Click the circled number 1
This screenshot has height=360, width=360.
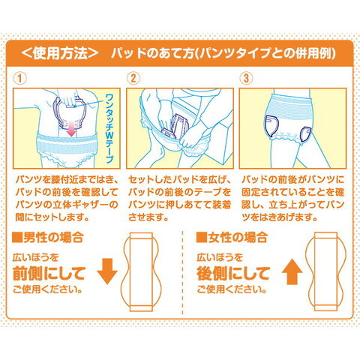[19, 78]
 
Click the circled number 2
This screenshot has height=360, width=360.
[133, 78]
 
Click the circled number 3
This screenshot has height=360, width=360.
[246, 78]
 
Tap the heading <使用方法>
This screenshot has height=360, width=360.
[60, 53]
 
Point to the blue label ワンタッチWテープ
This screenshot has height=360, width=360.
[109, 129]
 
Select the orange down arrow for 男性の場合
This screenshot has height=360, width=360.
[107, 271]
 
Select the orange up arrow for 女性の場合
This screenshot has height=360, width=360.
[292, 272]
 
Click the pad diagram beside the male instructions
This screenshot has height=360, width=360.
[141, 272]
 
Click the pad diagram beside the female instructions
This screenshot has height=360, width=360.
[325, 271]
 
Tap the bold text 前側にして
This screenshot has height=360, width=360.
[49, 274]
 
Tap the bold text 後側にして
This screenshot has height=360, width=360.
[233, 274]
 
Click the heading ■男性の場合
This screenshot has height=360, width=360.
[47, 237]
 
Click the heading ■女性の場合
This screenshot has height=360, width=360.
[232, 237]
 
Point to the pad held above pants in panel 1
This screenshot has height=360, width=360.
[70, 112]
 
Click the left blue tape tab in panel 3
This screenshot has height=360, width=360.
[272, 127]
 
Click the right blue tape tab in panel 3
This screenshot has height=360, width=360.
[305, 134]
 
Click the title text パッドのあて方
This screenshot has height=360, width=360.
[152, 53]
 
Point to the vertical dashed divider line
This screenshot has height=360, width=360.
[183, 272]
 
